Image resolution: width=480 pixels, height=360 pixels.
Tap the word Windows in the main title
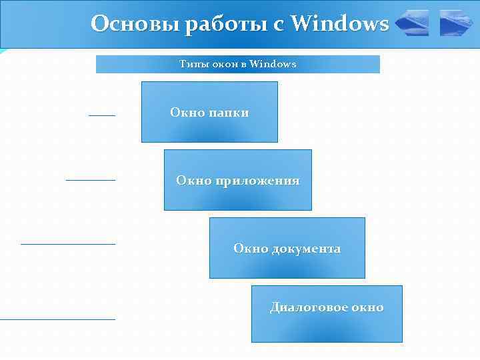tap(340, 24)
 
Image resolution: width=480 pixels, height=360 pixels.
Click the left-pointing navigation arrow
tap(412, 23)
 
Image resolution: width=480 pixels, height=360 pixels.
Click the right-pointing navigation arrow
tap(456, 23)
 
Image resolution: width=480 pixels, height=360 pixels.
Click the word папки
tap(229, 113)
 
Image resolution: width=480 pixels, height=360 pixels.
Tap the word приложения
tap(257, 181)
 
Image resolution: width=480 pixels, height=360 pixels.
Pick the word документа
tap(305, 249)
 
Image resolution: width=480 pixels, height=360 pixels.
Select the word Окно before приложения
tap(193, 181)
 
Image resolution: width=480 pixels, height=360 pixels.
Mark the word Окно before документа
tap(250, 249)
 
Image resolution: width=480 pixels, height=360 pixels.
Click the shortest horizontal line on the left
tap(101, 115)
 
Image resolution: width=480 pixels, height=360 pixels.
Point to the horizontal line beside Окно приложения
tap(90, 180)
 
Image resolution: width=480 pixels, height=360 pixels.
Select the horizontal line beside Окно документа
tap(67, 244)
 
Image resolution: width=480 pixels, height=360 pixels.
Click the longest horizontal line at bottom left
tap(57, 319)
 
